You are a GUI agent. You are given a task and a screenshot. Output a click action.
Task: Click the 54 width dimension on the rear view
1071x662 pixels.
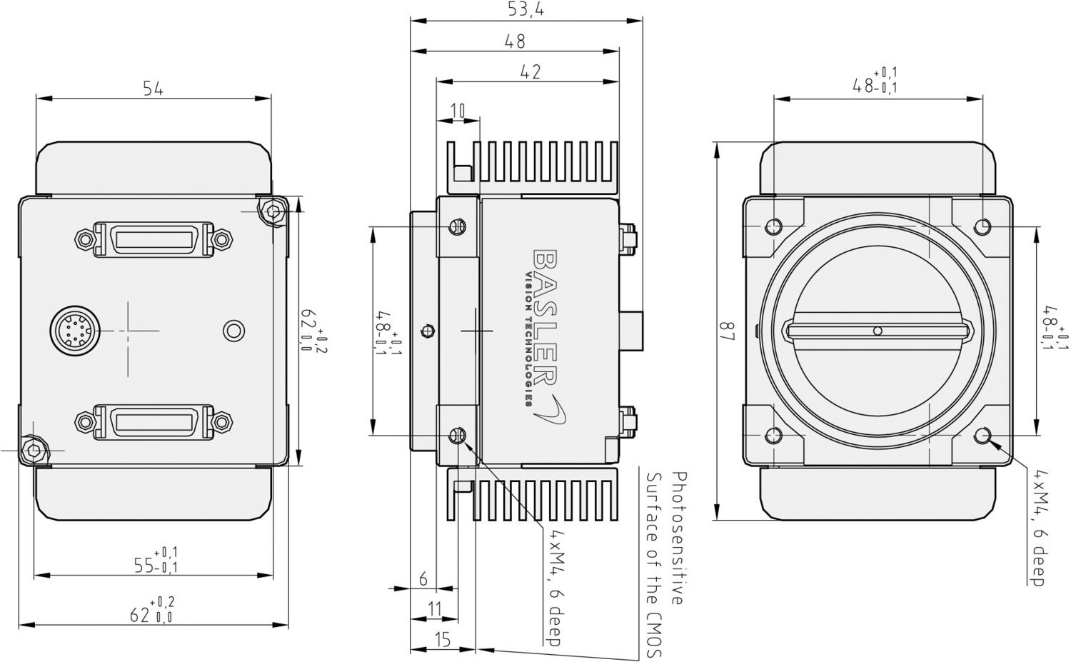pos(154,89)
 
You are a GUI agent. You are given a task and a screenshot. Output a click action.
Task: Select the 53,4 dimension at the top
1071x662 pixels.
pos(522,9)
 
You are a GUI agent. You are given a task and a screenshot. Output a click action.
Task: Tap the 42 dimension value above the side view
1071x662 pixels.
pos(529,71)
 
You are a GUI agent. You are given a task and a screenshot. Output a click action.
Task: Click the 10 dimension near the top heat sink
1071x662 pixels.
pos(458,110)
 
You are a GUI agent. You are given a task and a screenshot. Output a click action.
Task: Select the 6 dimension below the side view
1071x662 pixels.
pos(423,578)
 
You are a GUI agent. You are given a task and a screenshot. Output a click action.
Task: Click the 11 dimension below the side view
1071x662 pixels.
pos(434,609)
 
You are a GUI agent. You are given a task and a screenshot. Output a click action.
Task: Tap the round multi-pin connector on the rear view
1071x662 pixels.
pos(74,330)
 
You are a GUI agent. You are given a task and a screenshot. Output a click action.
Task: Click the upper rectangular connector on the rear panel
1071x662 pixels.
pos(154,238)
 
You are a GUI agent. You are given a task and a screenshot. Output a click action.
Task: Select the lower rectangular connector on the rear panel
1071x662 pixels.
pos(154,421)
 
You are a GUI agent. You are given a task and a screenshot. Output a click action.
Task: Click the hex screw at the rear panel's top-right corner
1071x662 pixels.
pos(272,211)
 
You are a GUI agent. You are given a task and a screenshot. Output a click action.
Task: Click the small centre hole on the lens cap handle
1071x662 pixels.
pos(878,330)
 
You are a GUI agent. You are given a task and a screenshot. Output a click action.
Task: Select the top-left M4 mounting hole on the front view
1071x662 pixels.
pos(773,227)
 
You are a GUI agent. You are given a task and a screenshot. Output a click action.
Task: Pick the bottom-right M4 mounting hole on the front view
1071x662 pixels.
pos(983,435)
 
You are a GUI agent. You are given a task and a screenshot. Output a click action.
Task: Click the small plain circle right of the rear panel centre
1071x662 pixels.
pos(233,331)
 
